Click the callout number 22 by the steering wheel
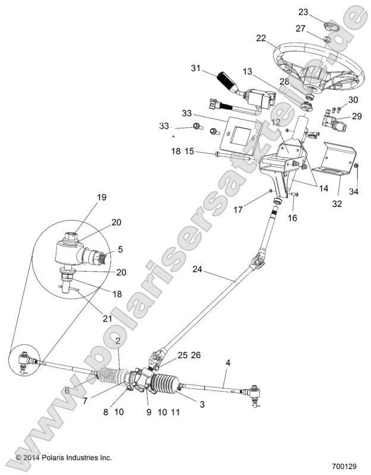[260, 37]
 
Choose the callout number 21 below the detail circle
[108, 319]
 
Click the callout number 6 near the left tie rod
[68, 391]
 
